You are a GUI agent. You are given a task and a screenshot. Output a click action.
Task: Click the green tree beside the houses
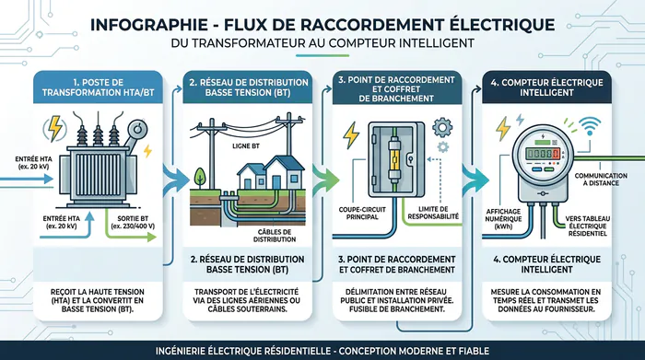[x=198, y=173]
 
